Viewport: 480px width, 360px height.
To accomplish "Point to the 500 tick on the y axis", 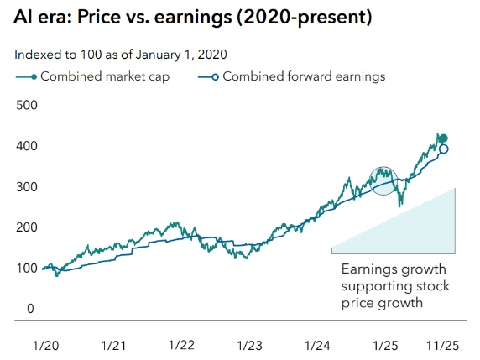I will click(27, 106).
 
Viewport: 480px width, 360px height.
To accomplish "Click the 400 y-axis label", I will click(27, 146).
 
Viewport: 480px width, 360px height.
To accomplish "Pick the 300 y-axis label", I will click(27, 186).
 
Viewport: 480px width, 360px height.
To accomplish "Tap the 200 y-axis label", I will click(27, 227).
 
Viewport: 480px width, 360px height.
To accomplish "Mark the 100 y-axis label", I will click(27, 268).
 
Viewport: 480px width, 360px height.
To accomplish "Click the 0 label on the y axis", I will click(29, 309).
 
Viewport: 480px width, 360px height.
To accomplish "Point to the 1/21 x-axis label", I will click(114, 345).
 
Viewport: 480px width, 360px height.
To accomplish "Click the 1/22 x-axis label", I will click(182, 345).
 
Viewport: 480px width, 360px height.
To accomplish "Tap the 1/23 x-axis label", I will click(250, 345).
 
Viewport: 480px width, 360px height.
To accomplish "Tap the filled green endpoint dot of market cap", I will click(444, 138).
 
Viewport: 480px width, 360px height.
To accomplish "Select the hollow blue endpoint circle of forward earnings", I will click(444, 149).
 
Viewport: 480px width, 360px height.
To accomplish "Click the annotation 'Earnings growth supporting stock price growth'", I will click(394, 285).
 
